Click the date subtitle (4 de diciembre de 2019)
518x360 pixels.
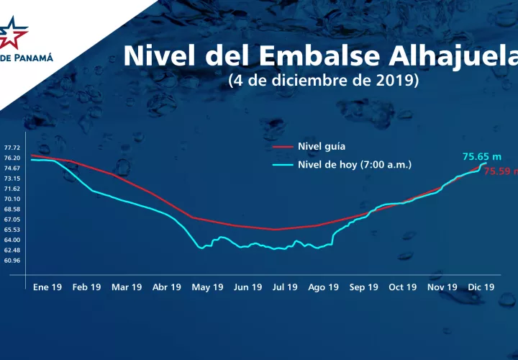323,80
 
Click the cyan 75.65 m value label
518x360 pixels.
481,156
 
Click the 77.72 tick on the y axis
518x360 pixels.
12,148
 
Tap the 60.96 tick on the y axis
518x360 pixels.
12,260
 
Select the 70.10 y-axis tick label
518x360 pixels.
12,199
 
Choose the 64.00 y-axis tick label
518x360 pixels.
12,240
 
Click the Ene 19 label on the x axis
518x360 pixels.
47,287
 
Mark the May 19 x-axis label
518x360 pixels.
207,287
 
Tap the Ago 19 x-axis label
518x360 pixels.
323,287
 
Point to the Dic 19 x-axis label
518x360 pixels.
480,287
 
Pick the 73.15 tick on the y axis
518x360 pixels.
12,178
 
